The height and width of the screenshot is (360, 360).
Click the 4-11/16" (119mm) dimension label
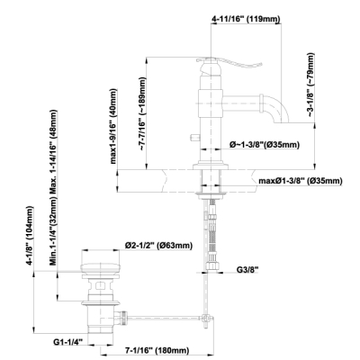(x=246, y=19)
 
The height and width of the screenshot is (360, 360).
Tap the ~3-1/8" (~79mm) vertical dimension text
(x=310, y=85)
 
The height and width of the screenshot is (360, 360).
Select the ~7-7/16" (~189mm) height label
(x=142, y=113)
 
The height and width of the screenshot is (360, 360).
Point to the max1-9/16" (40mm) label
(x=113, y=126)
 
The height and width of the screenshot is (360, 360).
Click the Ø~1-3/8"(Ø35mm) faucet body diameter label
(x=265, y=145)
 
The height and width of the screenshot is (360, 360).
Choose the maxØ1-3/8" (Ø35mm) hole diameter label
(x=301, y=181)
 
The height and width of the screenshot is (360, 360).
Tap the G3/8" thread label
(x=247, y=270)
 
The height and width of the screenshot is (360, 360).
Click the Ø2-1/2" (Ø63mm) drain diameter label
(x=158, y=246)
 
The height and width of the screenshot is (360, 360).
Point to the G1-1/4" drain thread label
(x=67, y=341)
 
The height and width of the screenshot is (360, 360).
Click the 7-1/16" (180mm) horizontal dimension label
(x=157, y=350)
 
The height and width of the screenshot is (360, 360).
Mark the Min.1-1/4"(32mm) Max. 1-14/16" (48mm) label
(x=53, y=187)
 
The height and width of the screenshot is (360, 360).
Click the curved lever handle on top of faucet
(x=229, y=63)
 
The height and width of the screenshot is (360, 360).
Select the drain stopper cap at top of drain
(x=101, y=267)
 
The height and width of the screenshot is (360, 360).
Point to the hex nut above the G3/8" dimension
(x=211, y=265)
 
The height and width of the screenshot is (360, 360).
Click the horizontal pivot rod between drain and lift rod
(x=165, y=317)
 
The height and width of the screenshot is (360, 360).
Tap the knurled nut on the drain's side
(x=122, y=318)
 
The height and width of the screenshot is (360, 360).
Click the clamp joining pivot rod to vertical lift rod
(x=205, y=318)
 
